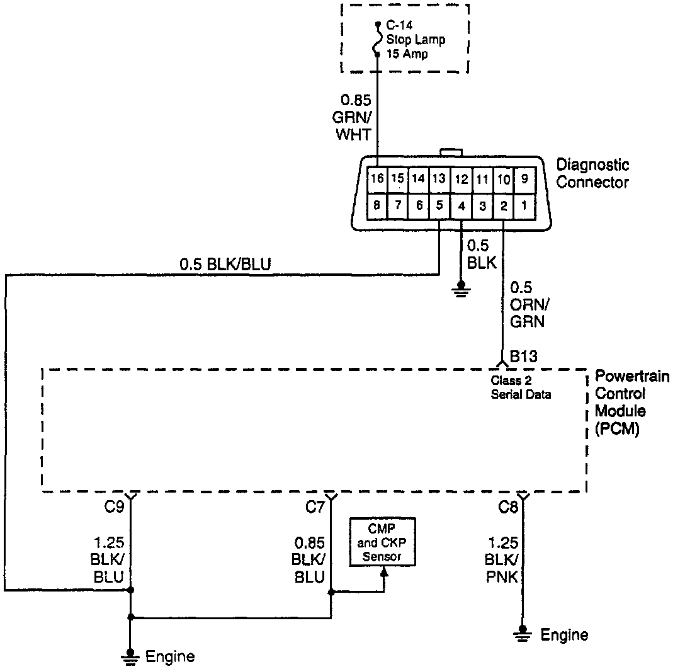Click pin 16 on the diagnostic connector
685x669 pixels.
376,178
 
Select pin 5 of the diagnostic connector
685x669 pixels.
439,205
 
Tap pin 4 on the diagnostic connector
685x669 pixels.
461,205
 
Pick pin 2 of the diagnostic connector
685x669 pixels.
504,205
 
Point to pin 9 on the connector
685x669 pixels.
524,178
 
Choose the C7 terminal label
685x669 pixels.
315,506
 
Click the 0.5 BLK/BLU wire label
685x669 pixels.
225,265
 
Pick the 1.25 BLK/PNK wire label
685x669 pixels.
501,559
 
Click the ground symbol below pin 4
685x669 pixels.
461,290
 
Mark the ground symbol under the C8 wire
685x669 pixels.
522,633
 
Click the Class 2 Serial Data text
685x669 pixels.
521,387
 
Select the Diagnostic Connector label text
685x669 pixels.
592,174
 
